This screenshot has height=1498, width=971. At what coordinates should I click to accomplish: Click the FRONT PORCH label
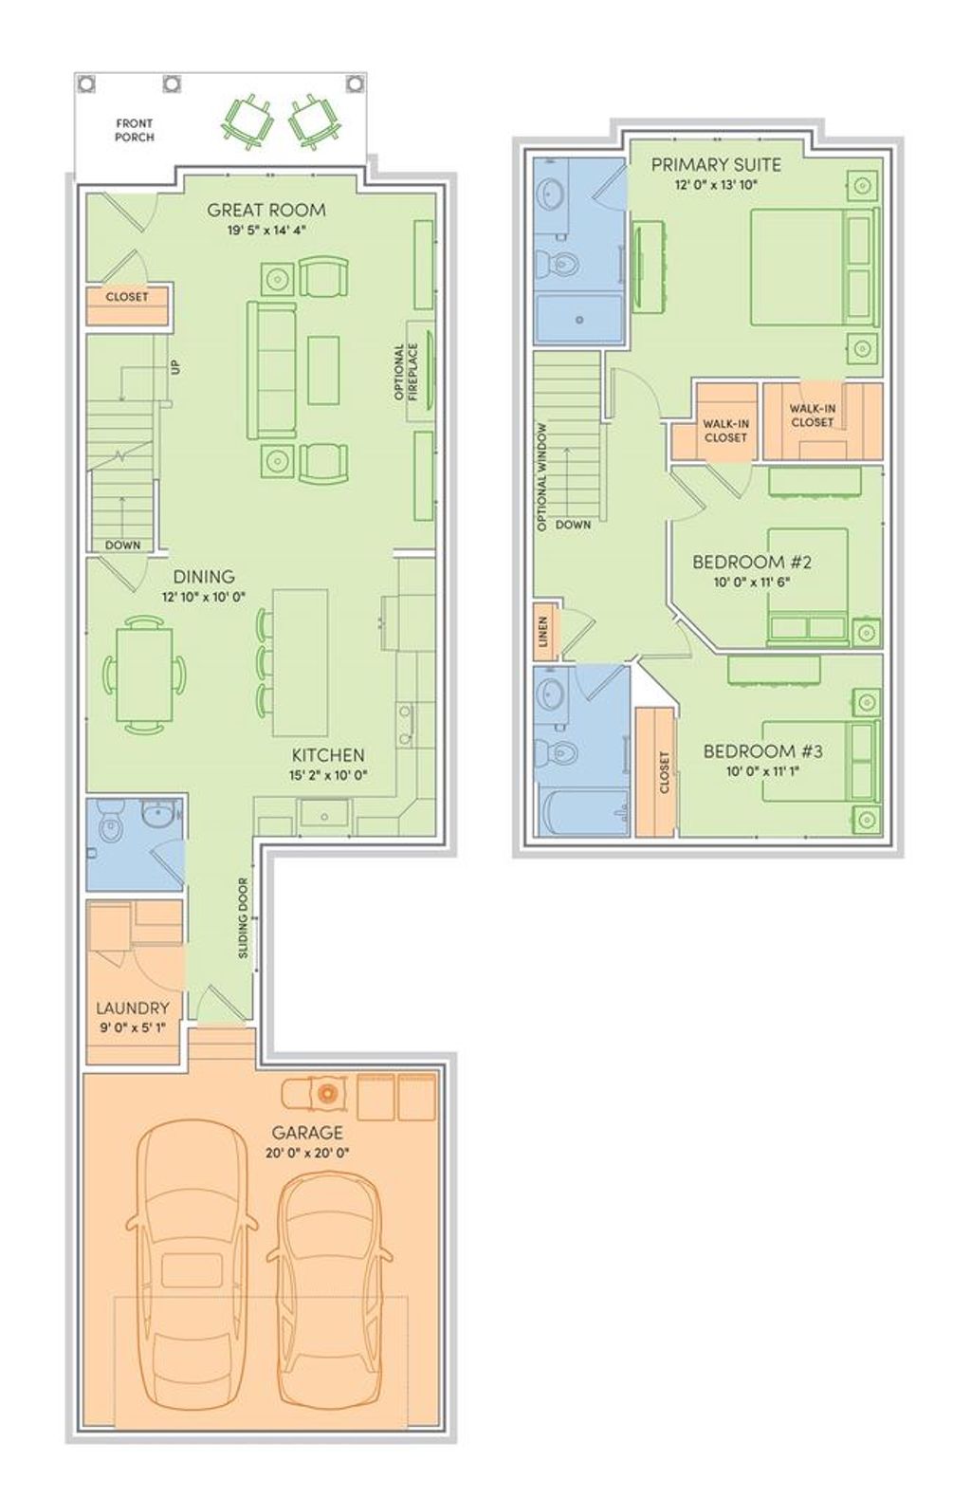click(134, 130)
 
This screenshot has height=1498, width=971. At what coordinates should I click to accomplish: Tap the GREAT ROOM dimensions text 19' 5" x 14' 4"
click(266, 230)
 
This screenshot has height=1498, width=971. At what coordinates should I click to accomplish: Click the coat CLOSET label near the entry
click(127, 297)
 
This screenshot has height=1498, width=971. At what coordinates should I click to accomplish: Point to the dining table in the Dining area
click(144, 675)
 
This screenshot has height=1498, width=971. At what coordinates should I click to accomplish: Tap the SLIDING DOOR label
click(243, 917)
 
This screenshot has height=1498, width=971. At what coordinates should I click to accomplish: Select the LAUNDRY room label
click(132, 1008)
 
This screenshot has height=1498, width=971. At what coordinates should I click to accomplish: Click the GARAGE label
click(307, 1133)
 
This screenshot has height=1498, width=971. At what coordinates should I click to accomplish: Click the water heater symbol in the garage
click(327, 1093)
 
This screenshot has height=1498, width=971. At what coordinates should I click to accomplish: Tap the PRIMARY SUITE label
click(716, 165)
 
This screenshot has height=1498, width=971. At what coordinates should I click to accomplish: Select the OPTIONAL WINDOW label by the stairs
click(543, 475)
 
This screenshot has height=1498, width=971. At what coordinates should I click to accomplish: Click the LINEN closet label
click(543, 630)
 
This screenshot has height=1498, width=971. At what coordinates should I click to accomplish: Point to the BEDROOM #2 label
click(752, 562)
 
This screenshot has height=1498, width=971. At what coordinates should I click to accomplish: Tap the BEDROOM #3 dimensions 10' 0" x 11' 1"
click(762, 772)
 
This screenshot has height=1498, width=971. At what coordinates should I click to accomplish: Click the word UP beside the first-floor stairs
click(175, 366)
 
